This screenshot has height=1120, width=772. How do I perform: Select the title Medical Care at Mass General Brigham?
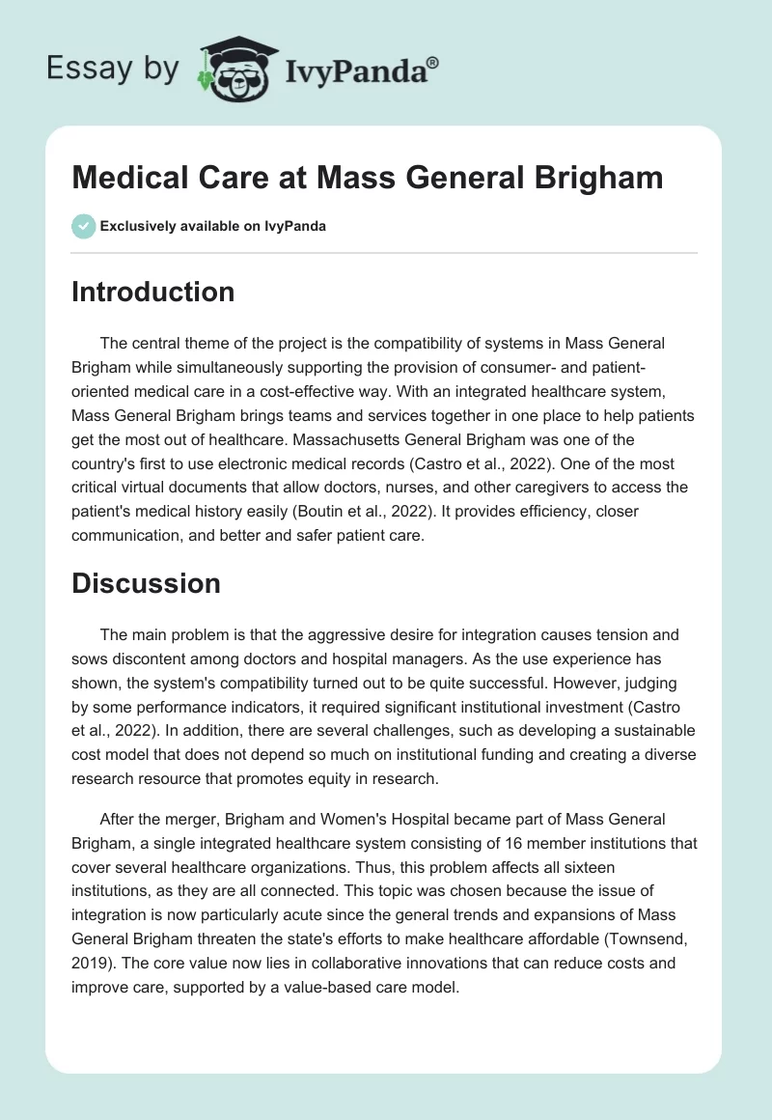pos(367,178)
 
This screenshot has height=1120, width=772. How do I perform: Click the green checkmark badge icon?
pos(82,227)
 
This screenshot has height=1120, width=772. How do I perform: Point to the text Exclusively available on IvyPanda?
pos(213,227)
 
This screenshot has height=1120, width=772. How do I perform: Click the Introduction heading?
pos(152,292)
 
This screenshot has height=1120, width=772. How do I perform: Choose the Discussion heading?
pos(146,583)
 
